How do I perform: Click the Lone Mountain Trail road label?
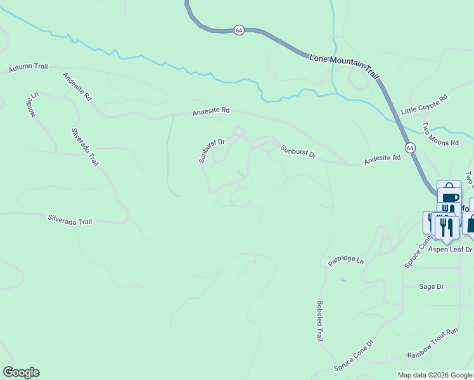tap(344, 66)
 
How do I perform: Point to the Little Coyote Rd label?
tap(424, 104)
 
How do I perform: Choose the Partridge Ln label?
tap(346, 260)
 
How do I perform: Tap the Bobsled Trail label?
tap(320, 321)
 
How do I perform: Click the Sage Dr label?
tap(431, 286)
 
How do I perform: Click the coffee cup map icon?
tap(451, 198)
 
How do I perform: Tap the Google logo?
tap(21, 372)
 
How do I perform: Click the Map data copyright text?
tap(435, 375)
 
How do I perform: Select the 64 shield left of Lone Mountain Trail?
tap(239, 30)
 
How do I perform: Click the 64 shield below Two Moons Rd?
tap(411, 148)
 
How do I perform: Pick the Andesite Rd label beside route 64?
tap(382, 161)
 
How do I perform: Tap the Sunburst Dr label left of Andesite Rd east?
tap(298, 151)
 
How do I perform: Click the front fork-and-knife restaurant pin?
tap(447, 227)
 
